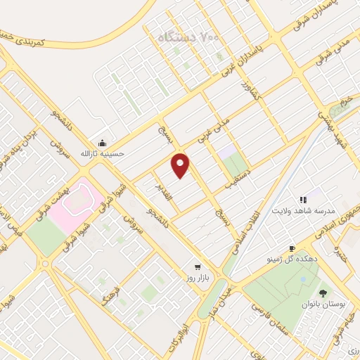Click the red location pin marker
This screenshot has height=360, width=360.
click(181, 165)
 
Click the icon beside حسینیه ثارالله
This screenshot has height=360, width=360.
click(103, 141)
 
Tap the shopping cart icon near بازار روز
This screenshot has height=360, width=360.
click(198, 268)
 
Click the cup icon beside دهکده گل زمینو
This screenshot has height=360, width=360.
click(292, 249)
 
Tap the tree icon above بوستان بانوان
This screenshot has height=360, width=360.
click(323, 292)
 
